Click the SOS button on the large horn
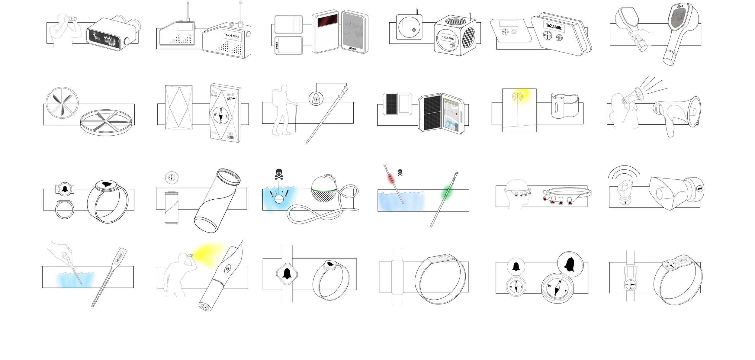700,189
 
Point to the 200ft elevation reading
230,137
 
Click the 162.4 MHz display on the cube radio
448,38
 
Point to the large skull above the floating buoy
279,174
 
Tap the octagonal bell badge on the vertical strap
287,274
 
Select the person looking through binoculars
65,30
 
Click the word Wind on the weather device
214,92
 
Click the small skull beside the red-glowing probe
400,173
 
